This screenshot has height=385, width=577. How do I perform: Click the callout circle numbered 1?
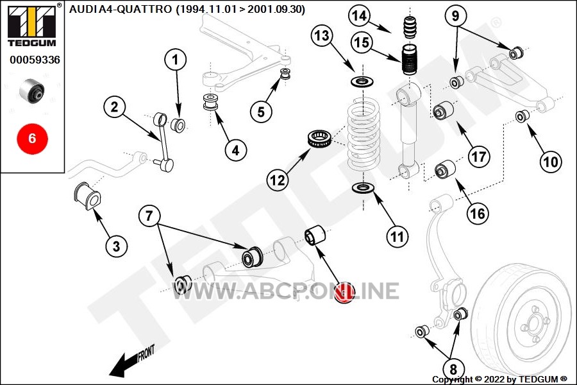[x=175, y=59]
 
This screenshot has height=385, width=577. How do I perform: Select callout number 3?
[x=116, y=246]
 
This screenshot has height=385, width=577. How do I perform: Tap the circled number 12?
[x=278, y=180]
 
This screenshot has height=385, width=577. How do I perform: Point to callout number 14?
[x=359, y=15]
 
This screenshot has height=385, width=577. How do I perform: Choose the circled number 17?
[x=479, y=157]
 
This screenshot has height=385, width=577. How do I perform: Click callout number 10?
[x=551, y=161]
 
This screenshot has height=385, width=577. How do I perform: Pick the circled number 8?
[x=453, y=369]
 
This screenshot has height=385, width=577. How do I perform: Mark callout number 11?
[x=397, y=236]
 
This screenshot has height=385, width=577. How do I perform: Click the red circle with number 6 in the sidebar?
[x=33, y=139]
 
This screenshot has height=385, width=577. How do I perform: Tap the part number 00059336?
[x=35, y=60]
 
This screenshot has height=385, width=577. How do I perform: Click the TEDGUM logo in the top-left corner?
[x=33, y=26]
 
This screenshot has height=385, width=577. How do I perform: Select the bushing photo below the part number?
[x=32, y=90]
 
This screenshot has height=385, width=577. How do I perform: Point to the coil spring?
[x=364, y=133]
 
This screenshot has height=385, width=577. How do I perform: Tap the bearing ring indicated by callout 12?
[x=320, y=139]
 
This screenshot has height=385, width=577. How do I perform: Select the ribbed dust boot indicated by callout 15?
[x=409, y=60]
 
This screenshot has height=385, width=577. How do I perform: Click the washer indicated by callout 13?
[x=362, y=81]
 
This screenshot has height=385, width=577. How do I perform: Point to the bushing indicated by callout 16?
[x=445, y=169]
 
